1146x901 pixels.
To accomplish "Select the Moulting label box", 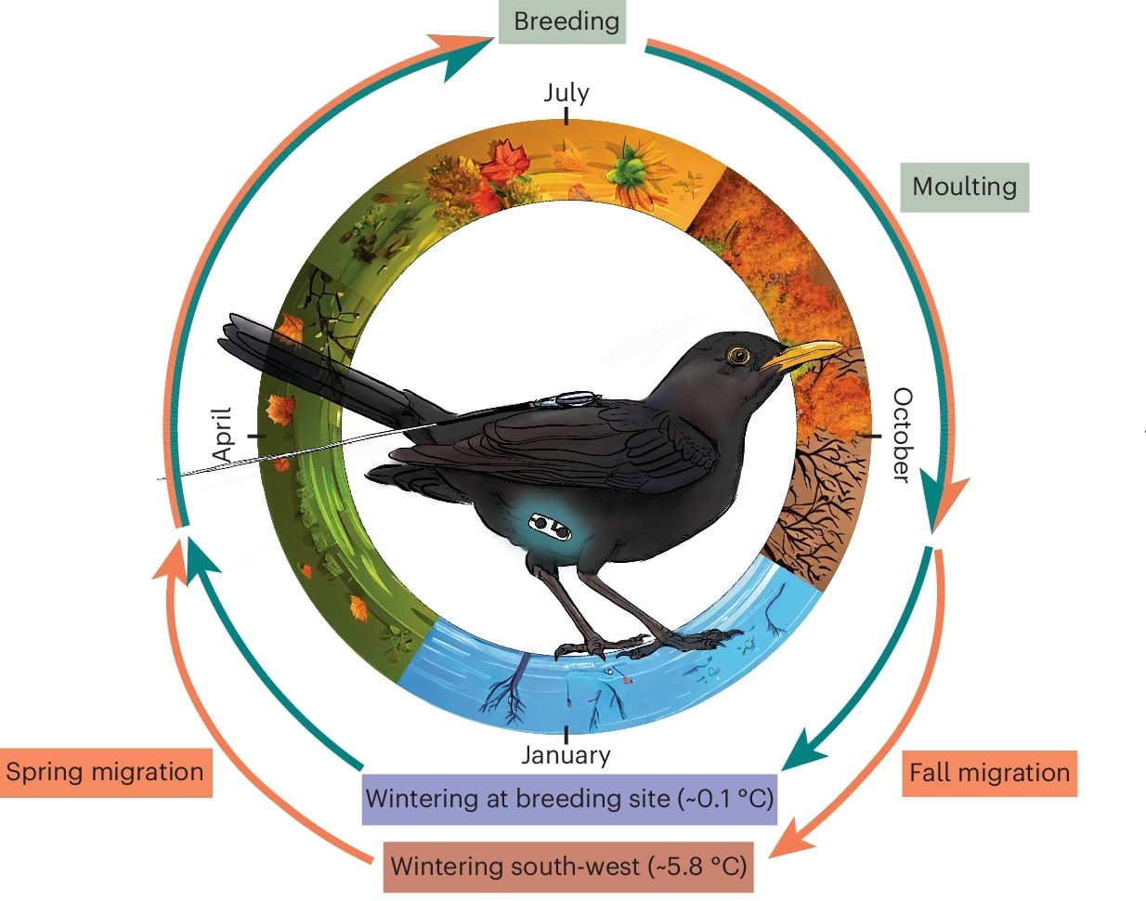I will click(964, 187).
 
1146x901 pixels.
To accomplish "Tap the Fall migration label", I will click(989, 773).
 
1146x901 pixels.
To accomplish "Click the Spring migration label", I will click(105, 772).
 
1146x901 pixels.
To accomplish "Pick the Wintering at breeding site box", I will click(568, 799).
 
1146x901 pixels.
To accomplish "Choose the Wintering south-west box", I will click(568, 867).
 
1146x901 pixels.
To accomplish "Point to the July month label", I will click(566, 93).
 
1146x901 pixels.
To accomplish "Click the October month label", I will click(902, 435).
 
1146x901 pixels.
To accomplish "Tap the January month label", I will click(566, 754).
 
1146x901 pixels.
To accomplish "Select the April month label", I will click(222, 435).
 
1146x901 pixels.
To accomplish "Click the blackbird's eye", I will click(738, 355).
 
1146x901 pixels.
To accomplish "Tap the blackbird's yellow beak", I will click(803, 355).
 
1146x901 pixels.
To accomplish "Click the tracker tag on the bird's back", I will click(568, 399).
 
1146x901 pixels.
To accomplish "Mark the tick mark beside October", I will click(871, 435).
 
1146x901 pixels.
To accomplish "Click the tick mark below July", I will click(566, 116).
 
